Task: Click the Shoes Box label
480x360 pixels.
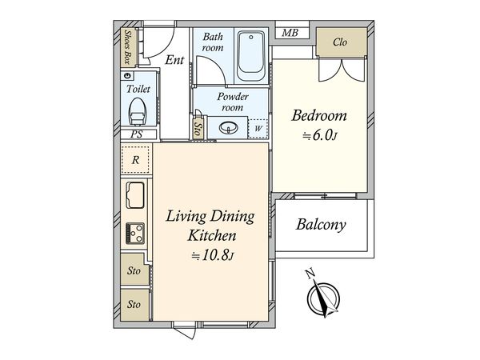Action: pos(128,47)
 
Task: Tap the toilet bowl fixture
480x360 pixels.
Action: pos(137,112)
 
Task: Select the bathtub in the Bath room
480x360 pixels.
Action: pos(251,56)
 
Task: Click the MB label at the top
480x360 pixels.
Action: pos(290,33)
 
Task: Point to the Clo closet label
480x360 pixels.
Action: pos(340,42)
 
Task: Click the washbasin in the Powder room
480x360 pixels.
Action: pos(228,127)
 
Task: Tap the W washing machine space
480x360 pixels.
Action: pos(258,128)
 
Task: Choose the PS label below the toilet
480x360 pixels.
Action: pos(136,134)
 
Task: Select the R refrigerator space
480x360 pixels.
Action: pos(136,159)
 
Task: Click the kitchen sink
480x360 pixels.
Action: pos(135,195)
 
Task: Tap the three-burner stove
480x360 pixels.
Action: pos(135,234)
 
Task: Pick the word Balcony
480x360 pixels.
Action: pos(321,225)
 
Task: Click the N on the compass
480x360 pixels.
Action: pos(310,274)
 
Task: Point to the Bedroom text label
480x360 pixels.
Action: pos(319,115)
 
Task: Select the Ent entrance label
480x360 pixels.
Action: pos(174,60)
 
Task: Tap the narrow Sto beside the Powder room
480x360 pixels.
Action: pos(198,129)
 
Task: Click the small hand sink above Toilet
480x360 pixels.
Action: pos(128,76)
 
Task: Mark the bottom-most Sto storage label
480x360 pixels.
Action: pos(134,304)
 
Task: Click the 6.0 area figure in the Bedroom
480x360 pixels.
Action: pos(322,136)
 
